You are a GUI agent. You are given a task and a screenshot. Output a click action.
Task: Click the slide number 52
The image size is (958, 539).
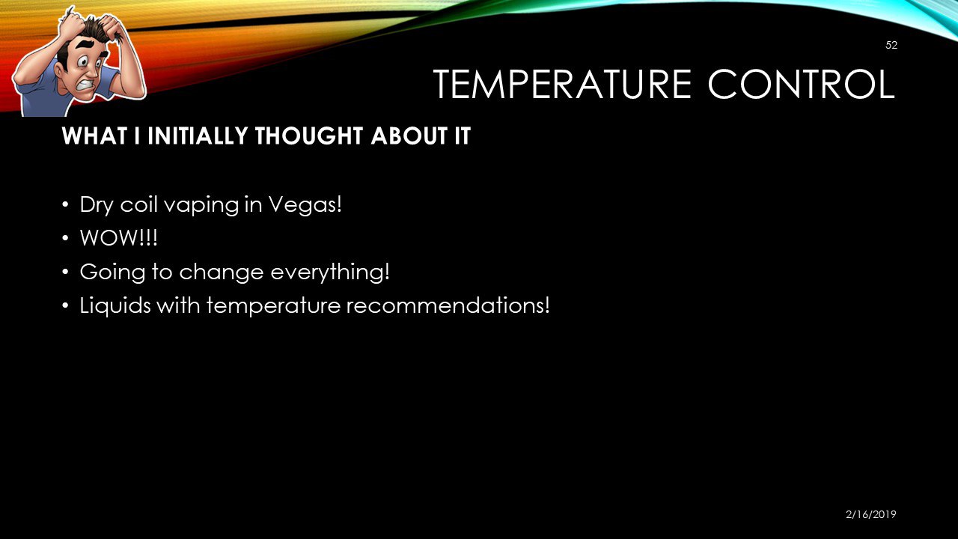point(891,46)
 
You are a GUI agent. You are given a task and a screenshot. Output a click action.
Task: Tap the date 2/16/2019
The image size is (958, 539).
point(870,514)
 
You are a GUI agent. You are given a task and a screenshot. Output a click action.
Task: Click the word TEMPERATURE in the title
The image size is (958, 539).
point(562,84)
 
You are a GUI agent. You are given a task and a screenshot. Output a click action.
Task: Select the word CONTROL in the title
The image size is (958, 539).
point(801,84)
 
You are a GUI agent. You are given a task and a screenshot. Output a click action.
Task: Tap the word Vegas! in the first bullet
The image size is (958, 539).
point(305,205)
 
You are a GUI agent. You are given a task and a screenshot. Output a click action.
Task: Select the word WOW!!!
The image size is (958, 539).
point(118,238)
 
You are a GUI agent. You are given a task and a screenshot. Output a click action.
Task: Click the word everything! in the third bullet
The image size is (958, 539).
point(330,272)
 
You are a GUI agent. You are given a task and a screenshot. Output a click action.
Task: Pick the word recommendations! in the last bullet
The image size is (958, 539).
point(448,305)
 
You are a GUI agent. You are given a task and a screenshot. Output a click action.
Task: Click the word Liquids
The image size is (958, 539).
point(115,306)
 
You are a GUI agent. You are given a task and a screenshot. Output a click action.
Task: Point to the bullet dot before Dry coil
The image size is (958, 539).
point(65,204)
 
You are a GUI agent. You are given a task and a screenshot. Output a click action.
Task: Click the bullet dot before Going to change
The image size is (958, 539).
point(65,272)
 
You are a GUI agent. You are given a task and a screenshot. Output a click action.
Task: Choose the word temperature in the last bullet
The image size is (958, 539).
point(273,306)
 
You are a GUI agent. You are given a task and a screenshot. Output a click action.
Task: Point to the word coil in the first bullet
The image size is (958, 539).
point(138,204)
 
